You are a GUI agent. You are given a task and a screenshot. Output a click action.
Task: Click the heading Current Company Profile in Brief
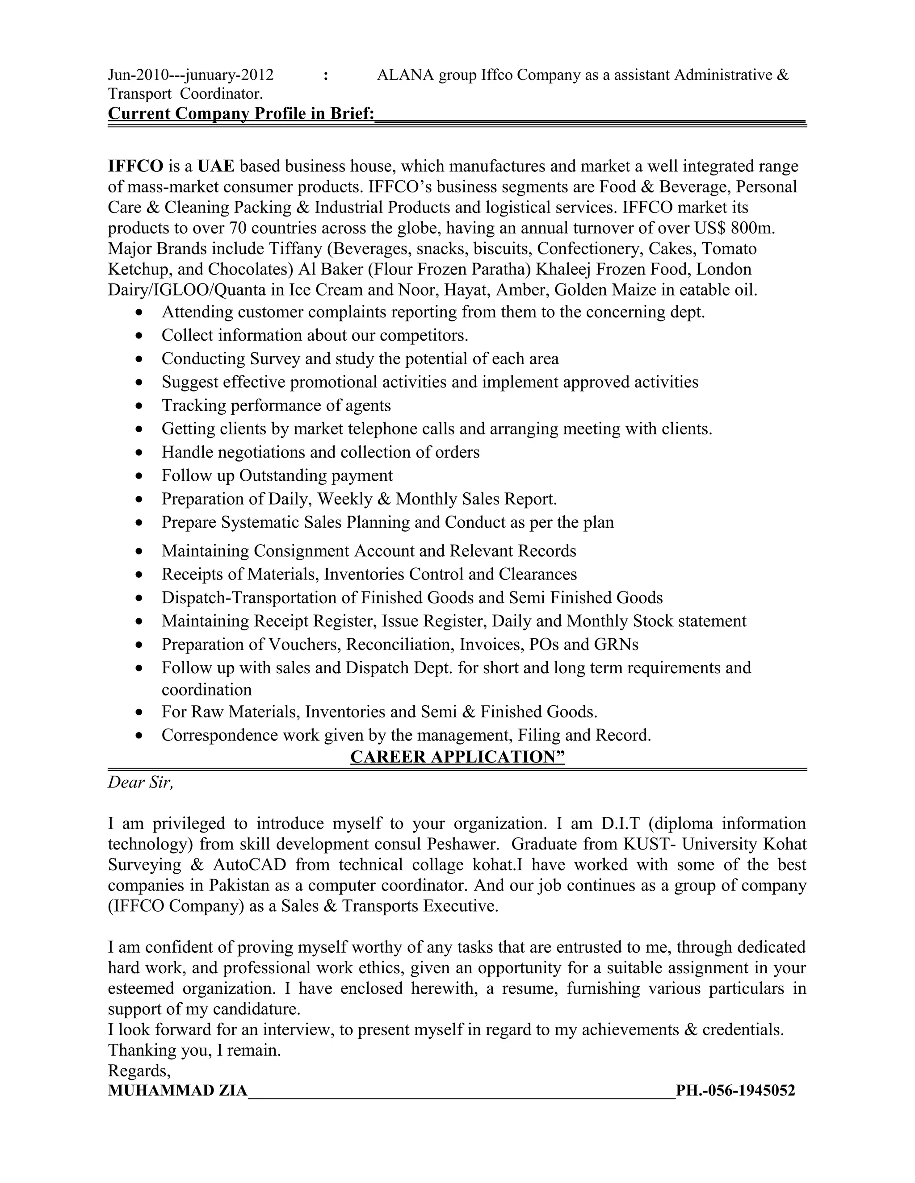click(x=241, y=114)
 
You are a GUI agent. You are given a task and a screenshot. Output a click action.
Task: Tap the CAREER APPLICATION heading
click(x=457, y=757)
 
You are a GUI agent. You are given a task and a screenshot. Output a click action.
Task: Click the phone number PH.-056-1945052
click(x=735, y=1091)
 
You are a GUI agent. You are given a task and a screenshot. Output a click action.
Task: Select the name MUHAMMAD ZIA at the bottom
click(x=177, y=1091)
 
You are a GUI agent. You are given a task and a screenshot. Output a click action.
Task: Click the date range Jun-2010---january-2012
click(x=190, y=75)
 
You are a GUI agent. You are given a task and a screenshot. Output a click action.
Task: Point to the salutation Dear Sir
click(x=140, y=782)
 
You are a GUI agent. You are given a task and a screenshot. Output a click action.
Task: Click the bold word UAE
click(x=216, y=166)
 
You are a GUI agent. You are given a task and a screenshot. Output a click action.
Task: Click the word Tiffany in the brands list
click(x=295, y=249)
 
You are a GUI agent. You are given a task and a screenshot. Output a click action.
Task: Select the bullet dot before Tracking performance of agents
click(x=140, y=406)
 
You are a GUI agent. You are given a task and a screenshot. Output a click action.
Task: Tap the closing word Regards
click(x=139, y=1071)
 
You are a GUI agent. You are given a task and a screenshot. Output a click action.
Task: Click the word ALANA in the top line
click(x=405, y=75)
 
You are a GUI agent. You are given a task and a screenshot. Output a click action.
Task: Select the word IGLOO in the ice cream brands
click(x=183, y=290)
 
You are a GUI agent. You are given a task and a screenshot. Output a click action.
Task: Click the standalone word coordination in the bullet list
click(x=206, y=690)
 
